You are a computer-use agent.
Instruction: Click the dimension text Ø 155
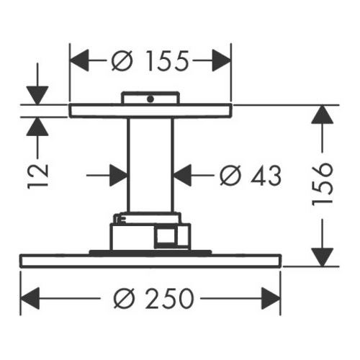150,60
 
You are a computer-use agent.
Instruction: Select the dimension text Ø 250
153,298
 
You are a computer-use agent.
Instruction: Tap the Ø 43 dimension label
251,176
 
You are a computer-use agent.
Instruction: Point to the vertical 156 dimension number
323,184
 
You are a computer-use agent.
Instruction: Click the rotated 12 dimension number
37,176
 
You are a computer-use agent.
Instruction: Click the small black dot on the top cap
150,99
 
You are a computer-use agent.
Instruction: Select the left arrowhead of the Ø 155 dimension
79,60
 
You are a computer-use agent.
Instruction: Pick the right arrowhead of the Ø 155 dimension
222,60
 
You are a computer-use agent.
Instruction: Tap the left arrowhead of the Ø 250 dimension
30,298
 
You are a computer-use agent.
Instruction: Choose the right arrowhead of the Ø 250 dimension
271,298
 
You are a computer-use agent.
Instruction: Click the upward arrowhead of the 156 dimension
323,114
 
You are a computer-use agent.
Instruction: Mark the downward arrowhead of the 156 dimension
323,257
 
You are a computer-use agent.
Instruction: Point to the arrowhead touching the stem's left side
118,176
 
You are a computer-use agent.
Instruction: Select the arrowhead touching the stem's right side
182,176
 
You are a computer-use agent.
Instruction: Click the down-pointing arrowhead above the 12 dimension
37,96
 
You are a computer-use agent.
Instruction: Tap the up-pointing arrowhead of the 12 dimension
37,127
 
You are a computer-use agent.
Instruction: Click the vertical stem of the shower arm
150,165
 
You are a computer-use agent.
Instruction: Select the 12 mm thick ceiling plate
150,111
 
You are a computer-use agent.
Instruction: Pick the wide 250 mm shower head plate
150,261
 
